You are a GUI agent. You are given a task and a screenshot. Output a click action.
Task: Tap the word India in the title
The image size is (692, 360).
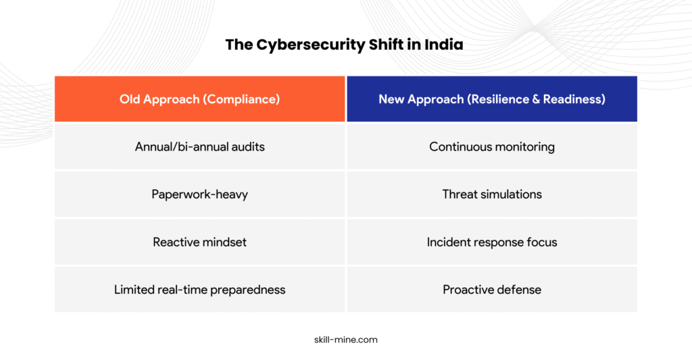(444, 45)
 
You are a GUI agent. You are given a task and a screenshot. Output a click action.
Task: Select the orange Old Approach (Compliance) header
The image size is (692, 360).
(199, 99)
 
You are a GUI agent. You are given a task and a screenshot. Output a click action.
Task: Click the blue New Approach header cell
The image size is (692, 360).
(492, 99)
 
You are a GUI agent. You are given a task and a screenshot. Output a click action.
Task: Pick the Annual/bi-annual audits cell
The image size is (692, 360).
(199, 147)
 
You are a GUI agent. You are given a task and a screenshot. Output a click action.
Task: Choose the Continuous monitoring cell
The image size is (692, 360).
(492, 147)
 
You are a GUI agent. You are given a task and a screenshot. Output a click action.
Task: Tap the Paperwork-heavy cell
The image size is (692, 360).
(199, 194)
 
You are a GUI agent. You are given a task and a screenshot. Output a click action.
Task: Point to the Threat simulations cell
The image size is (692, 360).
(492, 194)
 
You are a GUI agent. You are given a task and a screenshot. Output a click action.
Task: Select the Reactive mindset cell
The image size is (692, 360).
(199, 242)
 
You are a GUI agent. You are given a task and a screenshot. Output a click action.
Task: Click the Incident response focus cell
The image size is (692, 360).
(492, 242)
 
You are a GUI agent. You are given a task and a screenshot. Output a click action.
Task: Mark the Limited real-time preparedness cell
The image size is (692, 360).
(199, 289)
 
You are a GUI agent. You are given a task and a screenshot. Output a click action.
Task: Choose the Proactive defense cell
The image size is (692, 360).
(492, 289)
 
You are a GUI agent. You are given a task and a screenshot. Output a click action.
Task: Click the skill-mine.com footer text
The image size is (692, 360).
(346, 340)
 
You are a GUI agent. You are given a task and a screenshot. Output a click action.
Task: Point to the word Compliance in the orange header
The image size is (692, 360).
(241, 99)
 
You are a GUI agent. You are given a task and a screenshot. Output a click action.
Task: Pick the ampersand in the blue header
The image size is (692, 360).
(536, 99)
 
